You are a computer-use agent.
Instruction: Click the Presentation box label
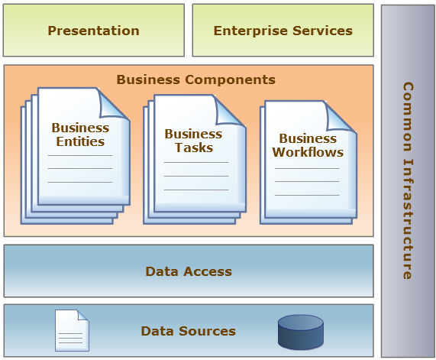point(93,31)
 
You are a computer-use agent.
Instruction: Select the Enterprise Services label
point(283,31)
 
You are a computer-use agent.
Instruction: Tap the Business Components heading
point(195,79)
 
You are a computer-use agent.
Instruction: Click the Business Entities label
point(80,135)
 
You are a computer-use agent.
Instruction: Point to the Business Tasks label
point(193,141)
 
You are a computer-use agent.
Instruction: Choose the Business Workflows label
point(308,145)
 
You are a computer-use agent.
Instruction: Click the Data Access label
point(189,271)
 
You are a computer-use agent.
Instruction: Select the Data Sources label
point(189,331)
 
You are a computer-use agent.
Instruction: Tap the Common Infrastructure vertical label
point(408,180)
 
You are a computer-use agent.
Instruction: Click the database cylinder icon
point(301,332)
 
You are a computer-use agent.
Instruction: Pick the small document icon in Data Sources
point(72,330)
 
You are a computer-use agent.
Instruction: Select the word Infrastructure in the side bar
point(408,219)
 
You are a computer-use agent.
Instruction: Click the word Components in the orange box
point(231,79)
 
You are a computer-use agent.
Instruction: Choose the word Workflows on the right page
point(308,152)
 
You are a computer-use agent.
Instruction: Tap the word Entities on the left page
point(80,141)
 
